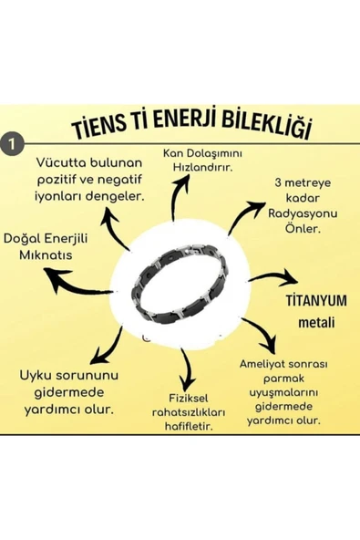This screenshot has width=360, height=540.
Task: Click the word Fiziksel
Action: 191,399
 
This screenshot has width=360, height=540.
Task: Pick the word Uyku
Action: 38,376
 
